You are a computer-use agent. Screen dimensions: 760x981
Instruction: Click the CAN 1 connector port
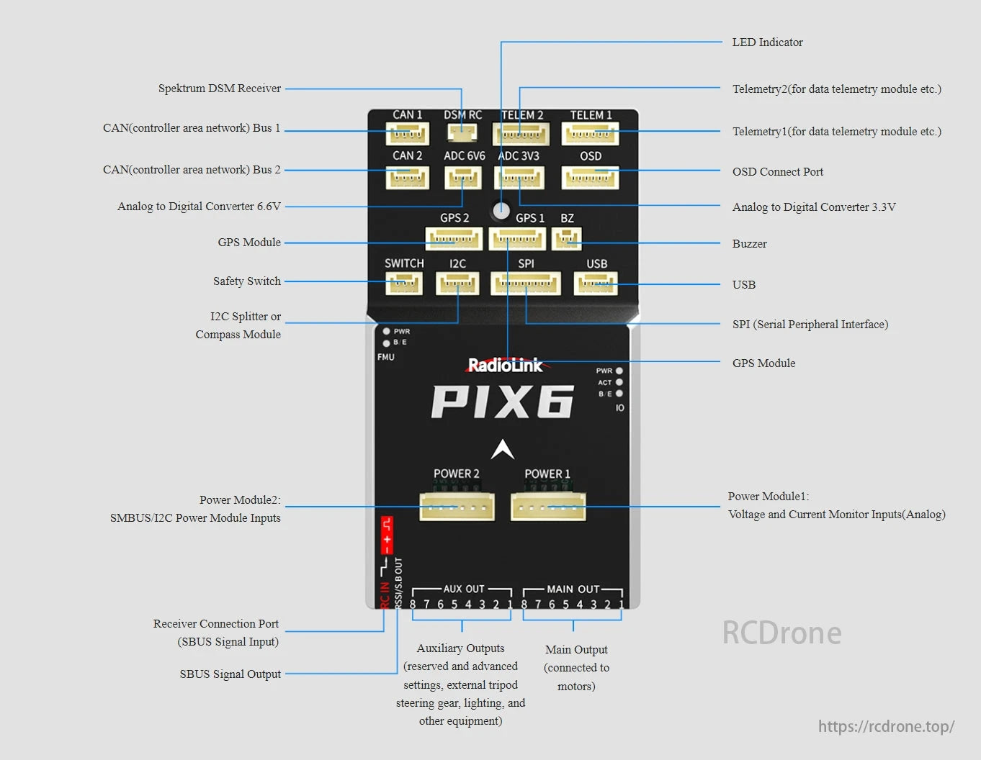[407, 134]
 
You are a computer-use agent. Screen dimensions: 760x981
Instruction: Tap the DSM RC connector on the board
[462, 132]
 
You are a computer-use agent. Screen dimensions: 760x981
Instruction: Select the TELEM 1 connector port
[590, 134]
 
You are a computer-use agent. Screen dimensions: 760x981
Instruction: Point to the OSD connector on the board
[590, 177]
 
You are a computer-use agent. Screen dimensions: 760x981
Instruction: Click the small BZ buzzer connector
[567, 238]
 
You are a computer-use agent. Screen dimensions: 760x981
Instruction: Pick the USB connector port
[596, 284]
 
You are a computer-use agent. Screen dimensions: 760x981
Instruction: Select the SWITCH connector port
[403, 284]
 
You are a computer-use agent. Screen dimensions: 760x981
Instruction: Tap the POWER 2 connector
[457, 507]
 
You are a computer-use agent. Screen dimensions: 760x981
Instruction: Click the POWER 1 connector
[548, 507]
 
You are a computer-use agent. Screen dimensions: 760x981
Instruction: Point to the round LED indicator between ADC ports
[501, 210]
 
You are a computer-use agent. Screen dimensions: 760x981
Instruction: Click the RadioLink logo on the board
[506, 366]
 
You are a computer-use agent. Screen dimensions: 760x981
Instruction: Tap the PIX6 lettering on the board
[502, 402]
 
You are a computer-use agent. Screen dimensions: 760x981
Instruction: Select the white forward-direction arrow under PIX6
[503, 449]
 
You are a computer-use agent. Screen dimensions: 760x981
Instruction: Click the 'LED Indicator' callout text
[767, 42]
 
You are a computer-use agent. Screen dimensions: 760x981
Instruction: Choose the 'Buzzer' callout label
[749, 244]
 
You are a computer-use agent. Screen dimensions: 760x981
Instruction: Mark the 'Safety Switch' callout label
[246, 281]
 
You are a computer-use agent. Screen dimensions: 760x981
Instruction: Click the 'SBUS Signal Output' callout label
[230, 674]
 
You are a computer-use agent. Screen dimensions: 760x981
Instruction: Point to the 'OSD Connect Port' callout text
[777, 172]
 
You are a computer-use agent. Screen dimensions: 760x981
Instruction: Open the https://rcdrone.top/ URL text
[885, 726]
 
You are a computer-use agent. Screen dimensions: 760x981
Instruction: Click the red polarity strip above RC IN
[387, 534]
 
